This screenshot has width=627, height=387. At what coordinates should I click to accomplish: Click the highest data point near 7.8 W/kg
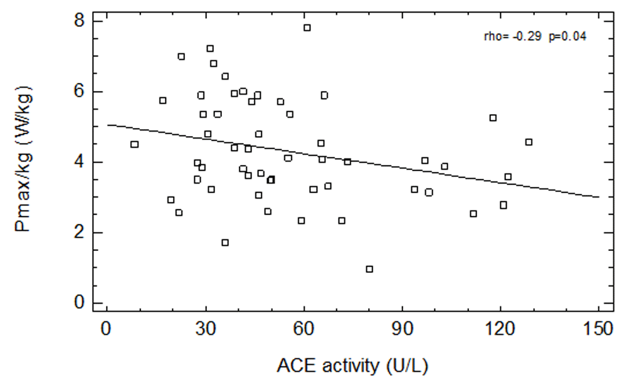[x=307, y=28]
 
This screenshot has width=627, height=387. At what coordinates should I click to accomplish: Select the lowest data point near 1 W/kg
[x=369, y=269]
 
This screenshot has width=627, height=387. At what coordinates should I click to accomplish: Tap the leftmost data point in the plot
[x=134, y=144]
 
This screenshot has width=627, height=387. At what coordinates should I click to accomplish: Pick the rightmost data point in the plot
[x=529, y=142]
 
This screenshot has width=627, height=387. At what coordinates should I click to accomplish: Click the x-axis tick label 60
[x=304, y=329]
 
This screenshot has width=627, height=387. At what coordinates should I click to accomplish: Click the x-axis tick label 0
[x=107, y=329]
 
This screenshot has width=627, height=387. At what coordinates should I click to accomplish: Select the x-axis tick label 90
[x=402, y=329]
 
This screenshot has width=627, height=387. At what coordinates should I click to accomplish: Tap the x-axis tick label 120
[x=500, y=329]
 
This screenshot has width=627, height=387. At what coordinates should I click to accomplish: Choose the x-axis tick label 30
[x=206, y=329]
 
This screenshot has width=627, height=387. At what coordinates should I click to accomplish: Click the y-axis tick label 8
[x=80, y=21]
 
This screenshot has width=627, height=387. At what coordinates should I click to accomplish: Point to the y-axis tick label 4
[x=80, y=162]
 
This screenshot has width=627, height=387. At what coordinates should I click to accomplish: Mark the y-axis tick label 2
[x=80, y=233]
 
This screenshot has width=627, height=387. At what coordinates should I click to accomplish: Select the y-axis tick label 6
[x=80, y=92]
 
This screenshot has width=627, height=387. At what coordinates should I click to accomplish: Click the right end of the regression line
[x=599, y=197]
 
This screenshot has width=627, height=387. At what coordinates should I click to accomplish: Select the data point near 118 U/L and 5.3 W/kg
[x=493, y=118]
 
